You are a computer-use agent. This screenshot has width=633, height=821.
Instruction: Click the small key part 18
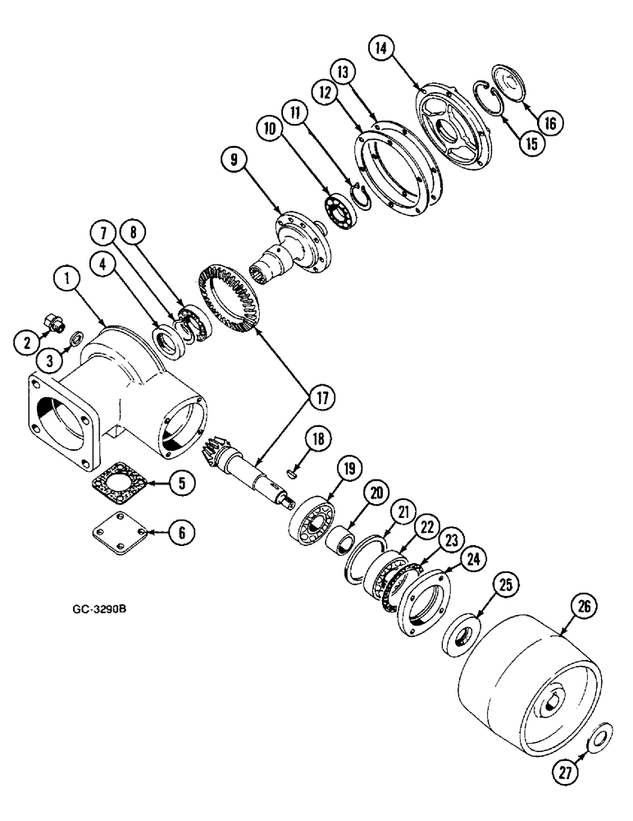(293, 472)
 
